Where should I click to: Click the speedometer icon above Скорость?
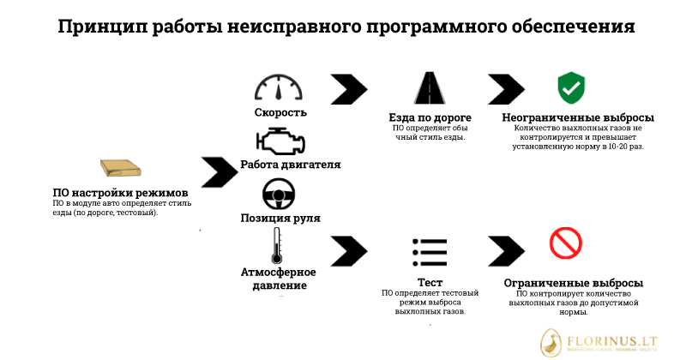tap(280, 89)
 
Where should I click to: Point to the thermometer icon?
tap(276, 246)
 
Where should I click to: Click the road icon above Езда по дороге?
tap(429, 88)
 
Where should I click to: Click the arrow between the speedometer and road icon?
tap(348, 89)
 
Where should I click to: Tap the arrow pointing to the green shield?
tap(507, 89)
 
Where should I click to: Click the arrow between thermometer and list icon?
tap(348, 250)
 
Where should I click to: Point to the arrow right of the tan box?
tap(219, 171)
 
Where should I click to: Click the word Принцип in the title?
tap(101, 27)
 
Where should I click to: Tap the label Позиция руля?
tap(280, 218)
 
